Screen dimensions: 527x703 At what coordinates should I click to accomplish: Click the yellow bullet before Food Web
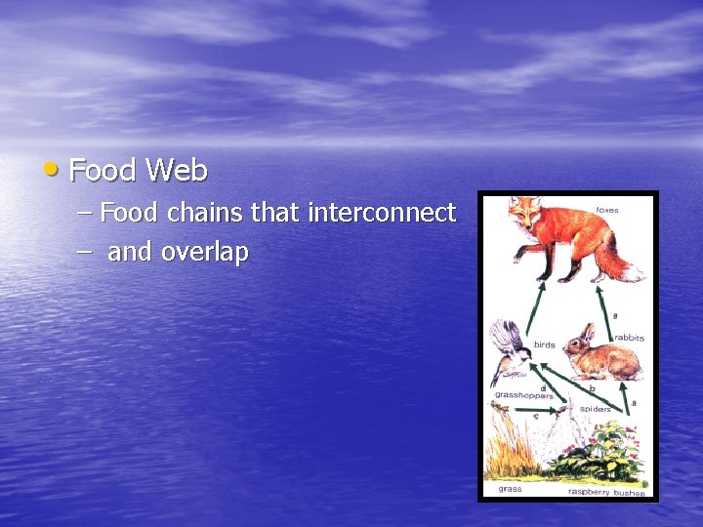(x=51, y=170)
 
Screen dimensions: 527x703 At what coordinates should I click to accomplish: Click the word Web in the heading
(x=177, y=171)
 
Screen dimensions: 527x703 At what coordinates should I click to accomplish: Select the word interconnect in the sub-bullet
(x=381, y=212)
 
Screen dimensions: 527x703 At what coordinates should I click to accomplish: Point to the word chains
(x=206, y=212)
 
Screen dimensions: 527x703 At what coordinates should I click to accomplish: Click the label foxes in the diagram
(x=607, y=210)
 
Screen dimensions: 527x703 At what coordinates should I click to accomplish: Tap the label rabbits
(x=628, y=338)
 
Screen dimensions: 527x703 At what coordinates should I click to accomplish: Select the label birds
(x=544, y=345)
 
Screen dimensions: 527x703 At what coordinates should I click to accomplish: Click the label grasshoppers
(x=522, y=395)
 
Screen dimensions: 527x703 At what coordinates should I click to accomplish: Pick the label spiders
(x=595, y=409)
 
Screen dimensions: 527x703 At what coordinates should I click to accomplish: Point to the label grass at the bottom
(x=510, y=488)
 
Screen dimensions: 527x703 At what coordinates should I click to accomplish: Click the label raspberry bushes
(x=606, y=492)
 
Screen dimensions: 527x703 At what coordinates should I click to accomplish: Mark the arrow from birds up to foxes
(x=536, y=304)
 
